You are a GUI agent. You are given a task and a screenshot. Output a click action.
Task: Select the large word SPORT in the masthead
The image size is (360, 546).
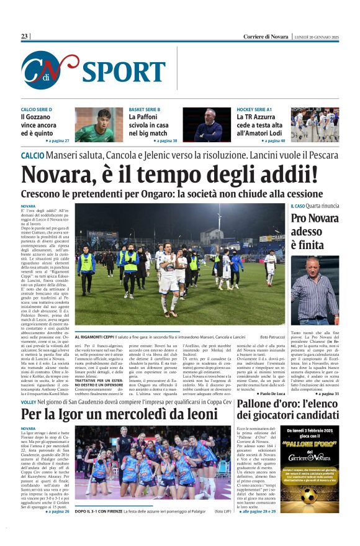[x=124, y=72]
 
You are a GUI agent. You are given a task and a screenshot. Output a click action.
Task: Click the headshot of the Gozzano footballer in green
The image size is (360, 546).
[x=99, y=125]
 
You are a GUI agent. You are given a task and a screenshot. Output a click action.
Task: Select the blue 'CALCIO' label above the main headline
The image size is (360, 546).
[x=32, y=155]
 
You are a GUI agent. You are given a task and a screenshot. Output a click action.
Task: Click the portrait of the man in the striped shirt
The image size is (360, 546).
[x=315, y=290]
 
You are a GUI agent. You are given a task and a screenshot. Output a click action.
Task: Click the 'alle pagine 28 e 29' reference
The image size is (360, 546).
[x=264, y=511]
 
